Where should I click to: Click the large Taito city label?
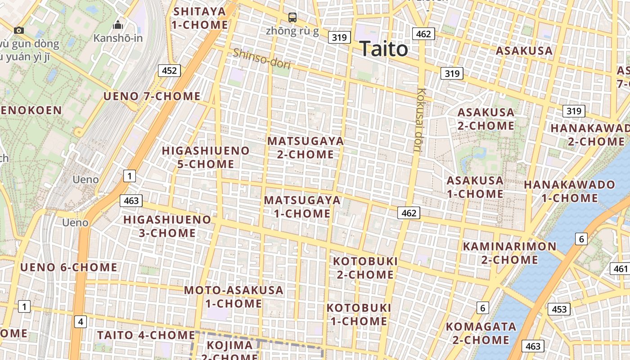[x=384, y=49]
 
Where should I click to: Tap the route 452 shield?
[x=169, y=70]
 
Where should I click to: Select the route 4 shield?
[x=80, y=321]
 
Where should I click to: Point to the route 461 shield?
[x=620, y=269]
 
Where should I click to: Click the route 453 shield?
[x=559, y=309]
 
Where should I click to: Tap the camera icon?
[x=19, y=30]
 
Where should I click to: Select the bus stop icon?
[x=292, y=18]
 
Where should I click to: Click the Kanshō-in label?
[x=118, y=38]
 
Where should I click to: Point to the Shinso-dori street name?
[x=261, y=58]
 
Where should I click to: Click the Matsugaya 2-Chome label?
[x=306, y=148]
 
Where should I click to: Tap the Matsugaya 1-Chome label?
[x=302, y=207]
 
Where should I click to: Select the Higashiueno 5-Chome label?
[x=206, y=157]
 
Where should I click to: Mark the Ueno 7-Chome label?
[x=152, y=96]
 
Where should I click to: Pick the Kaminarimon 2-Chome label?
[x=509, y=253]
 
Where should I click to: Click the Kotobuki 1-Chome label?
[x=359, y=314]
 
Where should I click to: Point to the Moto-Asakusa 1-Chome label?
[x=234, y=297]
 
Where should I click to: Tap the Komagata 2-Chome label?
[x=481, y=333]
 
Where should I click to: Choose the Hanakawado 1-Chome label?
[x=569, y=191]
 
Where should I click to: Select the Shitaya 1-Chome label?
[x=200, y=18]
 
